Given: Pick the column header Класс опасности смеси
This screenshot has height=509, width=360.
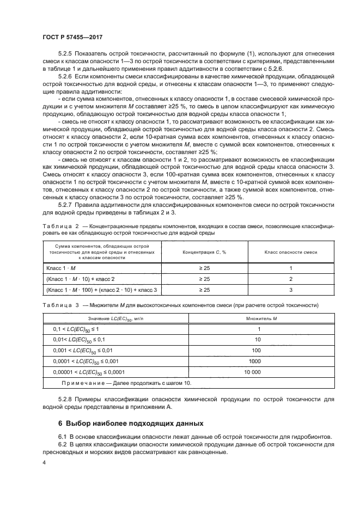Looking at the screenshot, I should coord(290,253).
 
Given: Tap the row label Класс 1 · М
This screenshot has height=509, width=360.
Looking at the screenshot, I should coord(62,268).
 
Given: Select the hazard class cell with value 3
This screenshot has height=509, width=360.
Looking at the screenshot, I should coord(291,290).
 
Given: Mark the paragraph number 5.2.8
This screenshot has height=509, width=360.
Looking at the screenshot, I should coord(67,398).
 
